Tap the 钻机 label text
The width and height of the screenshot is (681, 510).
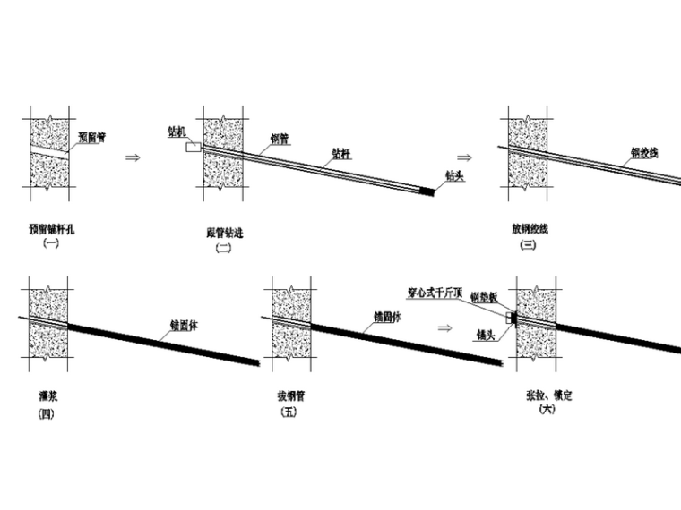177,132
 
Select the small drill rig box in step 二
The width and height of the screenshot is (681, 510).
194,147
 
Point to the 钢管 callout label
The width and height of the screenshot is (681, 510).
279,139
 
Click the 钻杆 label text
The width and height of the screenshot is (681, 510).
340,153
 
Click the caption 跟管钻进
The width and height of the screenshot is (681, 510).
224,234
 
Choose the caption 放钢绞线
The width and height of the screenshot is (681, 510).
529,229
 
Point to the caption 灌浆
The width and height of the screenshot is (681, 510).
42,394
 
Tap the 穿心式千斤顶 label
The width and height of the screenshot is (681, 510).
437,291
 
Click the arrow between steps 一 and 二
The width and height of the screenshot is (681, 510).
133,157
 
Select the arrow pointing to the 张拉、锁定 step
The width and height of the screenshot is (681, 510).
444,327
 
